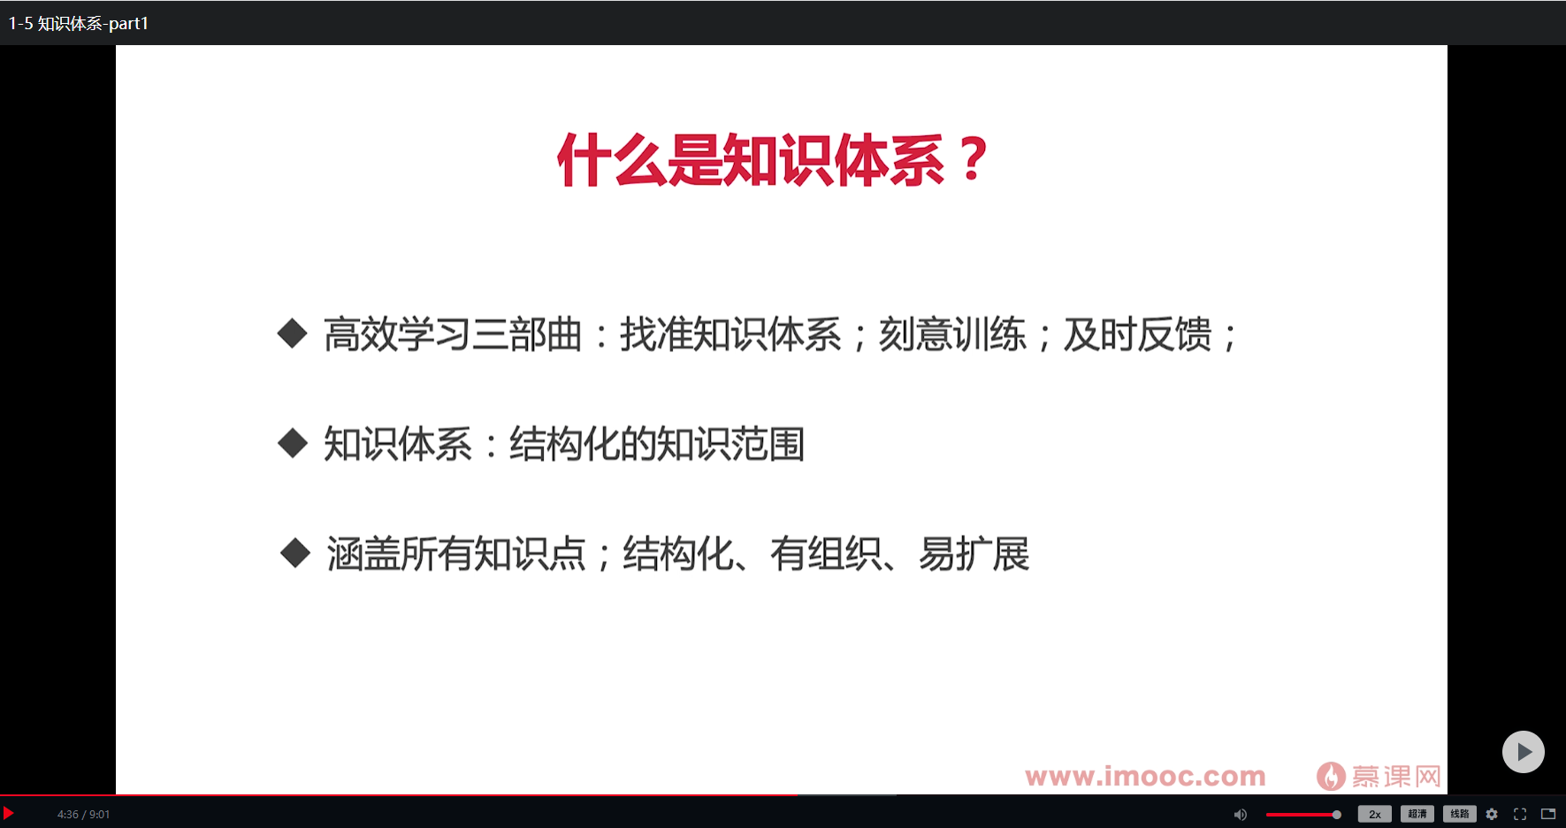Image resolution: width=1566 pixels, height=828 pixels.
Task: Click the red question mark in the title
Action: tap(973, 160)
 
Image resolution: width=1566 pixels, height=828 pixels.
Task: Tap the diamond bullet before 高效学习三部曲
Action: tap(292, 334)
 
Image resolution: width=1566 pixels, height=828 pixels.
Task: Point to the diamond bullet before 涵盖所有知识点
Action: tap(294, 554)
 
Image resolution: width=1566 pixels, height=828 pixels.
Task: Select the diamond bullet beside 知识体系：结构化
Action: tap(292, 443)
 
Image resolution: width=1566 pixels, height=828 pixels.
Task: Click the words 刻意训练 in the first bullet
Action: tap(952, 335)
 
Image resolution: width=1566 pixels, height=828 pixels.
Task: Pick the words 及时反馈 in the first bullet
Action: tap(1137, 335)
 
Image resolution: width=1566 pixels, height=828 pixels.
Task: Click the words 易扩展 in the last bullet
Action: tap(974, 555)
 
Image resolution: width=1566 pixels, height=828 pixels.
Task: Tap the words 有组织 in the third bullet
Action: tap(825, 555)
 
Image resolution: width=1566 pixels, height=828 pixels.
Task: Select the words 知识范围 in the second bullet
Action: tap(730, 444)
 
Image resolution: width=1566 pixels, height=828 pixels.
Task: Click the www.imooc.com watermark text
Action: tap(1145, 777)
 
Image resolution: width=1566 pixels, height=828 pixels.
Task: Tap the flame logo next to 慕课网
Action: tap(1330, 777)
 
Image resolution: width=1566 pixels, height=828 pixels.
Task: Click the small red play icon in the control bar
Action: tap(8, 813)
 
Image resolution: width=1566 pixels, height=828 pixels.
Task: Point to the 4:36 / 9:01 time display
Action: tap(84, 814)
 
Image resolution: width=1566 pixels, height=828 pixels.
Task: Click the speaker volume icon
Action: tap(1241, 814)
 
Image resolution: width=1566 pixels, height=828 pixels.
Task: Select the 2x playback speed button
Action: tap(1374, 814)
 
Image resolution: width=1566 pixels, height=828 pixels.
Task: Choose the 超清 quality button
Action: tap(1417, 814)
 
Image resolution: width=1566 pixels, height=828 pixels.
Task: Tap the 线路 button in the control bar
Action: tap(1459, 814)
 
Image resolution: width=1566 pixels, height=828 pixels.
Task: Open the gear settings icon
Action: tap(1492, 814)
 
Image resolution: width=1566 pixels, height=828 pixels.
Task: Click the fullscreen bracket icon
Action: tap(1520, 814)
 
